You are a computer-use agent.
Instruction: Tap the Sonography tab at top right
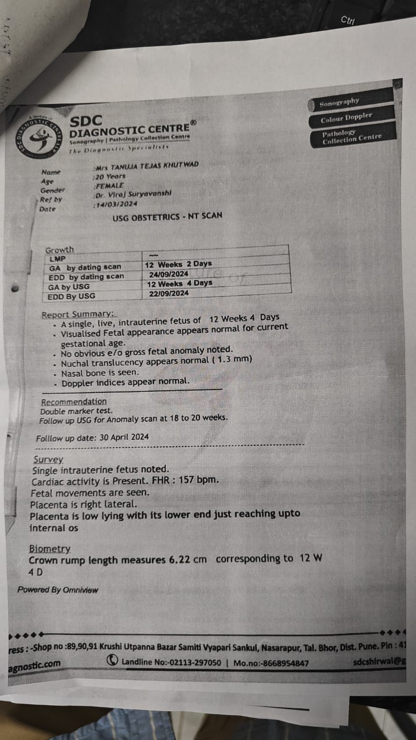pos(340,102)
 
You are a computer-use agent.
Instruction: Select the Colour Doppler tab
pos(347,119)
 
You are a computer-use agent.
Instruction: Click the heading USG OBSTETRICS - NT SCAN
pos(168,216)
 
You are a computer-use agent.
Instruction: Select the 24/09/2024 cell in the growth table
pos(169,274)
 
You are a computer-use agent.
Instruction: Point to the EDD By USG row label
pos(72,297)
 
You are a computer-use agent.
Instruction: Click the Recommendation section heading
pos(74,401)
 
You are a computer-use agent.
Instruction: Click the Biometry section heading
pos(50,549)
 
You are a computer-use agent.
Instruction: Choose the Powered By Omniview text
pos(58,590)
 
